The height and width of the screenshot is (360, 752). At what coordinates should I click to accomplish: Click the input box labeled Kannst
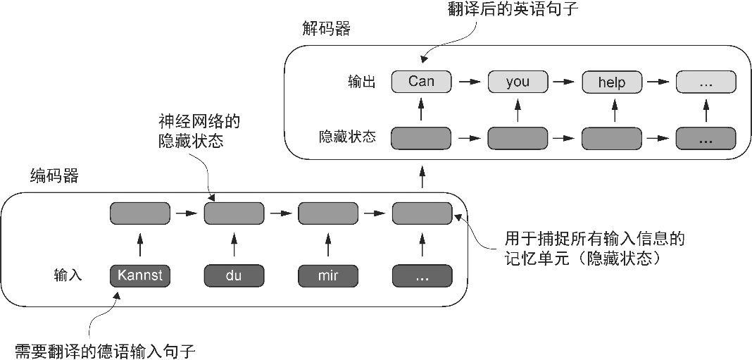click(140, 275)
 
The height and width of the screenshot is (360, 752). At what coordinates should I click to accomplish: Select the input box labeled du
click(234, 275)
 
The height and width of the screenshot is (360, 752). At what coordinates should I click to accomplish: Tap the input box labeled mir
click(327, 275)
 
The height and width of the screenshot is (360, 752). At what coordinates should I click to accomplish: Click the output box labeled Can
click(421, 82)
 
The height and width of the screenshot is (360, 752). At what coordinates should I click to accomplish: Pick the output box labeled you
click(518, 82)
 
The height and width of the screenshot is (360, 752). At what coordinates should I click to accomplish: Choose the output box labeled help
click(611, 82)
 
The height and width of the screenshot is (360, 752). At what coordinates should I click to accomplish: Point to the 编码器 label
click(54, 175)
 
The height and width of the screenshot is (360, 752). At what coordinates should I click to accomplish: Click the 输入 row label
click(68, 275)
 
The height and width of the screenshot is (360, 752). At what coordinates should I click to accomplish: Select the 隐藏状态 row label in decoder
click(347, 137)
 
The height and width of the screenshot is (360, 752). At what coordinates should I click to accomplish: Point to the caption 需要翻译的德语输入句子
click(104, 349)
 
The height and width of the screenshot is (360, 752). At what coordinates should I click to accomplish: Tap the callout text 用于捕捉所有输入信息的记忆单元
click(594, 248)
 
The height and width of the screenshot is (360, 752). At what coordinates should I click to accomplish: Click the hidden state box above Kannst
click(140, 212)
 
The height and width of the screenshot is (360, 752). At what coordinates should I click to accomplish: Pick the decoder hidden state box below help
click(611, 137)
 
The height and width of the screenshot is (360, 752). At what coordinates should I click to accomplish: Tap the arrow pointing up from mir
click(327, 244)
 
